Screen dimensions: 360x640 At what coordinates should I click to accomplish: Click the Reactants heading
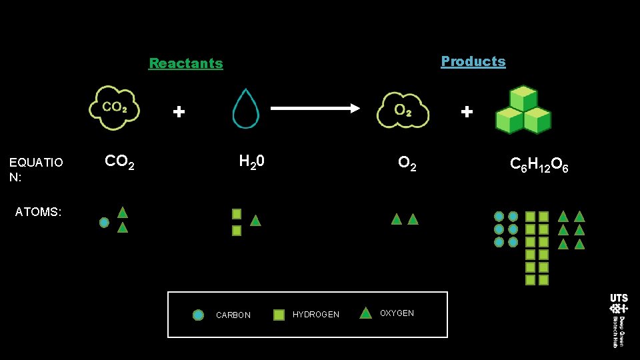186,63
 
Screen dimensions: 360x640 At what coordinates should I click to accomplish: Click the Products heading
473,61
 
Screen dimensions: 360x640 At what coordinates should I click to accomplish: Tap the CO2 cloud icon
115,107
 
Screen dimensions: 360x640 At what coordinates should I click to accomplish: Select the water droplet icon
245,109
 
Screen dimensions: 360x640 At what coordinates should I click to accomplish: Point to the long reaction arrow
315,108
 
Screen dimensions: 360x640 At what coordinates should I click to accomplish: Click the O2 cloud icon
402,109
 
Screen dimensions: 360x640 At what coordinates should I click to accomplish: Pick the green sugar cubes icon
523,110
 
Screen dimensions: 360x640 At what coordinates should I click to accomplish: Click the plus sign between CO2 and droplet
179,112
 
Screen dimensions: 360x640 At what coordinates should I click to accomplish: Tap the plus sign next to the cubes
467,112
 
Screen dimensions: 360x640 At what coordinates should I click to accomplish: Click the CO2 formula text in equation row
120,162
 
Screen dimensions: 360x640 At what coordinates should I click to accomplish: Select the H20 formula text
252,161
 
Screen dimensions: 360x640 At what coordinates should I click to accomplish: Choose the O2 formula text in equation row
407,163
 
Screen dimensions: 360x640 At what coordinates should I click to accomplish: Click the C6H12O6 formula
539,164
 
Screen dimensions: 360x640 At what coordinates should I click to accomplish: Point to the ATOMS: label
38,212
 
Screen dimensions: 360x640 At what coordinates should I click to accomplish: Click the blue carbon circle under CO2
104,223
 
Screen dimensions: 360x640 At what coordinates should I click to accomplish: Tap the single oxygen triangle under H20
255,220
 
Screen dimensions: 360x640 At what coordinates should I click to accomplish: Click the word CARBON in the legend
233,315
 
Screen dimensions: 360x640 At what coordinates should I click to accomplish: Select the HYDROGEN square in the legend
279,315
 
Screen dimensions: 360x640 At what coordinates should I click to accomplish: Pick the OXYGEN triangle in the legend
365,313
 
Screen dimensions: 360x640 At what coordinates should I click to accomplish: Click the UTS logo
618,304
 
